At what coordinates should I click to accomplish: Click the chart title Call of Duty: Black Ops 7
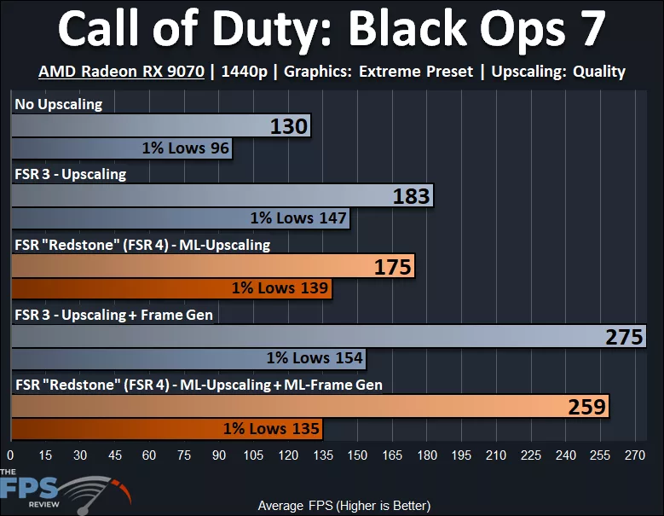coord(332,31)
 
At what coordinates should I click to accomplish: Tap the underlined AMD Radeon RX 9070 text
coord(121,72)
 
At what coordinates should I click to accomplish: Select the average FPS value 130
coord(288,128)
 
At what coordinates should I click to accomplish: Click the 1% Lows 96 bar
coord(122,148)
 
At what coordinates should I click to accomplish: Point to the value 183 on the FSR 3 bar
coord(411,197)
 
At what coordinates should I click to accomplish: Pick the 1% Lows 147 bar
coord(181,218)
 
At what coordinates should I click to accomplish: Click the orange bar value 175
coord(392,267)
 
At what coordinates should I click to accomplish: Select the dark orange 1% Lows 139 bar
coord(171,288)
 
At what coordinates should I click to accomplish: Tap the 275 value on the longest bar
coord(624,337)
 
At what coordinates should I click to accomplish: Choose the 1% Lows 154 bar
coord(188,358)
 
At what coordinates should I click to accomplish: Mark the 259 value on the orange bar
coord(586,407)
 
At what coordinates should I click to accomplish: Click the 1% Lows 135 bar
coord(167,428)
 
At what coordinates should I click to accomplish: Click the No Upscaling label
coord(58,105)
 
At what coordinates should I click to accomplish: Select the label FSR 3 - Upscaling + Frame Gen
coord(113,315)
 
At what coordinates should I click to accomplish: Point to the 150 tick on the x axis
coord(357,455)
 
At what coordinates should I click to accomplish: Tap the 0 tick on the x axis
coord(11,455)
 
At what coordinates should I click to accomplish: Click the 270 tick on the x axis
coord(635,455)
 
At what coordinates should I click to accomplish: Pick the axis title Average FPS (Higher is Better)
coord(332,505)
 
